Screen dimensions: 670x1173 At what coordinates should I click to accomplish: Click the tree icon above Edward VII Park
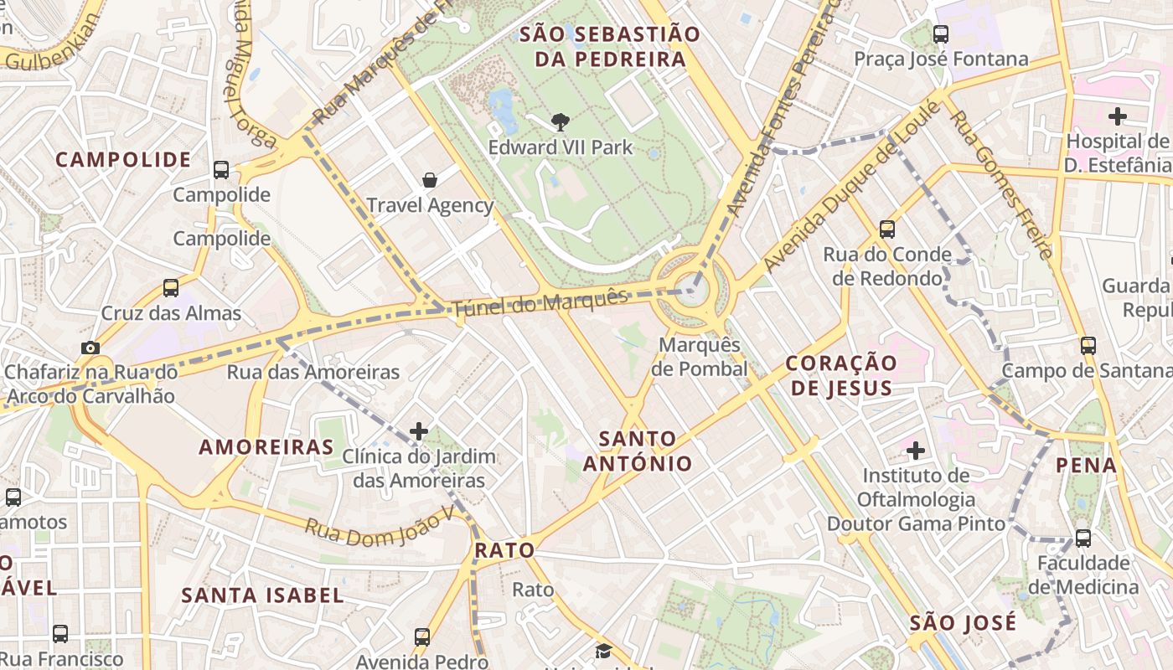[560, 122]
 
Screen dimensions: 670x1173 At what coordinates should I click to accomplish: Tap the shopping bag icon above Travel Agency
[430, 179]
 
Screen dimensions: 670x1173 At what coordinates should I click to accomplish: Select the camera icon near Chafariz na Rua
[90, 348]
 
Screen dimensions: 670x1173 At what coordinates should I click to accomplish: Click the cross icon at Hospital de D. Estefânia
[1117, 116]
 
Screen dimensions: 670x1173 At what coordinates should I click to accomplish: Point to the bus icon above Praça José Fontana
[941, 34]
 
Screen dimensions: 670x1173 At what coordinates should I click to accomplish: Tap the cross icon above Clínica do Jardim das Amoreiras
[418, 431]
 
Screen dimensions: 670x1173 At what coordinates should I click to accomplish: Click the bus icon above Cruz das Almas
[171, 288]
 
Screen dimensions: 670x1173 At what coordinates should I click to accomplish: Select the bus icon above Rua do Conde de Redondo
[887, 229]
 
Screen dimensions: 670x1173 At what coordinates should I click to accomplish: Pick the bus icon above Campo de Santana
[1088, 345]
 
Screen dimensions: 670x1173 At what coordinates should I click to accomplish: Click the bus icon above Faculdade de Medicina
[1083, 538]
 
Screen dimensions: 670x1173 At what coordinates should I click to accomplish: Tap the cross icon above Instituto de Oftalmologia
[916, 451]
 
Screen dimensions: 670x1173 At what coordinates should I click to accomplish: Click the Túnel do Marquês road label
[540, 302]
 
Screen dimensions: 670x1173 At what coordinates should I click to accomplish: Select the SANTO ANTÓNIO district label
[638, 451]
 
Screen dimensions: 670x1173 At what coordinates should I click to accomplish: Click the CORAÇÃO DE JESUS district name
[841, 375]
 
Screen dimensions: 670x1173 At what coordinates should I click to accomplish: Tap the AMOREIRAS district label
[266, 447]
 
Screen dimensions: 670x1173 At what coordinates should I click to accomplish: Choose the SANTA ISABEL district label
[263, 595]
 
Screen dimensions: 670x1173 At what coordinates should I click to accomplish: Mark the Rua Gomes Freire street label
[1000, 184]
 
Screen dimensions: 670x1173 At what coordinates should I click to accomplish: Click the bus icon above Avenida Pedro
[422, 636]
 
